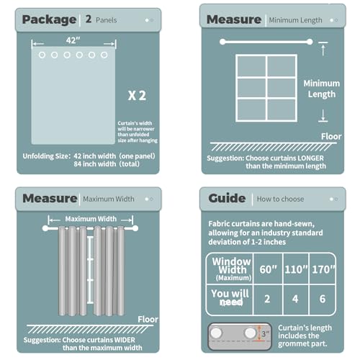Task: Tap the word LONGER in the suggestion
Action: [304, 156]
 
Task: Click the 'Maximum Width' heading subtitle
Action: [108, 198]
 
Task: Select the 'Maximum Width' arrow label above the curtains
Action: [91, 218]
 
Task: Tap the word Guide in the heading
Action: [227, 198]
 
